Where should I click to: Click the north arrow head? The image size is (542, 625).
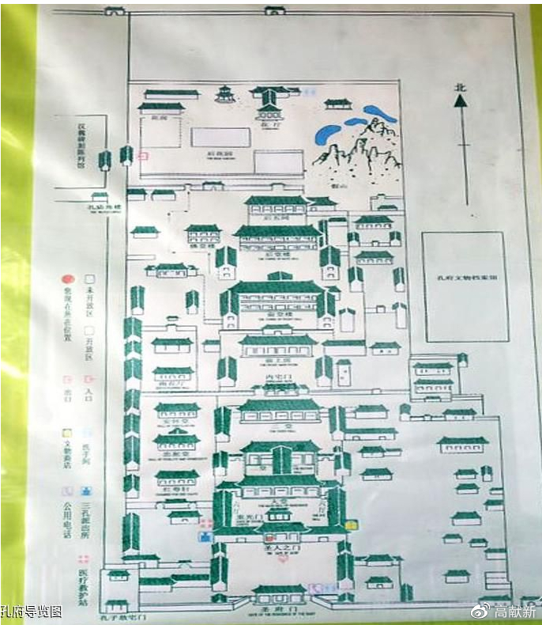coord(461,100)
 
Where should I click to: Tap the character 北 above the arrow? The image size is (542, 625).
coord(461,88)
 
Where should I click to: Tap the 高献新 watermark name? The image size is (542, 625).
coord(514,611)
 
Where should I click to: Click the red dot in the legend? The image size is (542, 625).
coord(69,279)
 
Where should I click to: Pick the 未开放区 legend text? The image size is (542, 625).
coord(89,294)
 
